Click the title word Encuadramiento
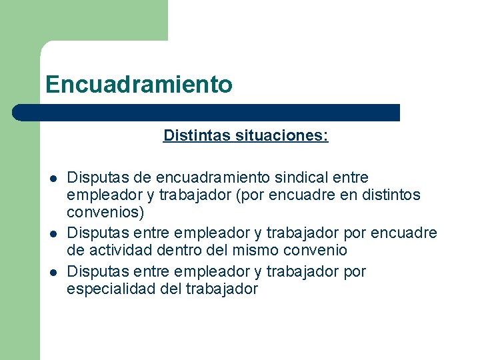pyautogui.click(x=139, y=85)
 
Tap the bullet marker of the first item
pyautogui.click(x=51, y=179)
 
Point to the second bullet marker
pyautogui.click(x=51, y=234)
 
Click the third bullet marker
pyautogui.click(x=51, y=272)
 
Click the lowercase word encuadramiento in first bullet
pyautogui.click(x=214, y=178)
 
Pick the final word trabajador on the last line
pyautogui.click(x=221, y=289)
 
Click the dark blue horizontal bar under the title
pyautogui.click(x=207, y=113)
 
